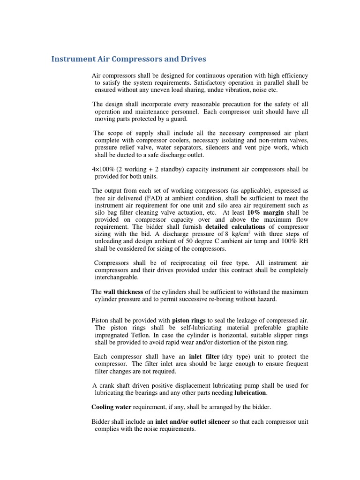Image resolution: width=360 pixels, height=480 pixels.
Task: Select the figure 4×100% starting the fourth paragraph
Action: (103, 169)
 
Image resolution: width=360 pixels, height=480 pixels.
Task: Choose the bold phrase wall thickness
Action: (123, 292)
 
